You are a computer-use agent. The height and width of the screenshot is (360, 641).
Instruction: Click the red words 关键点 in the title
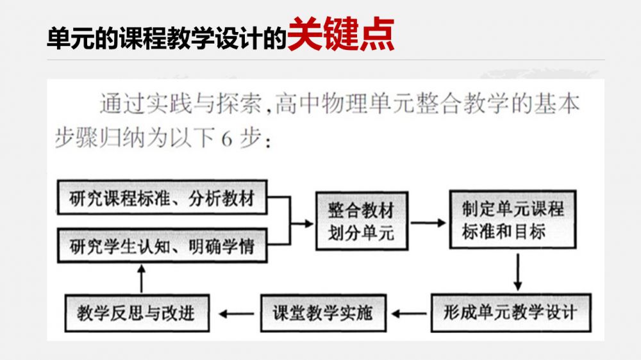click(340, 35)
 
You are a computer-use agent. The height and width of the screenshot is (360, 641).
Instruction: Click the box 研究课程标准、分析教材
click(162, 199)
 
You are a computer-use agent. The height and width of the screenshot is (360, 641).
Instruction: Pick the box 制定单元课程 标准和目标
click(512, 219)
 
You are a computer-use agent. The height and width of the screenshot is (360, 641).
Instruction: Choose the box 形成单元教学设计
click(510, 313)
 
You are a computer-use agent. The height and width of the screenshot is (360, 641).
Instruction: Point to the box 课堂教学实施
click(322, 313)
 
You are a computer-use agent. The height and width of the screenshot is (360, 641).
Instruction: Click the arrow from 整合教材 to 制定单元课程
click(428, 222)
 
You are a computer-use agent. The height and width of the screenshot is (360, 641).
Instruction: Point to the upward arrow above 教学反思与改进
click(141, 277)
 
